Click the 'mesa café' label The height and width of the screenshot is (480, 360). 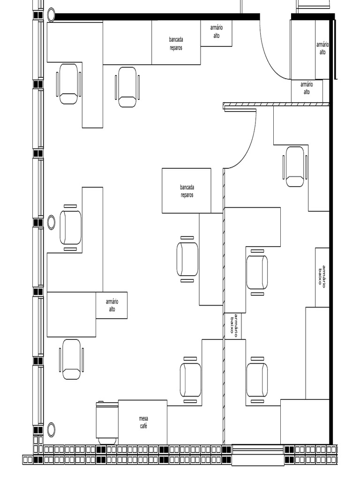click(143, 422)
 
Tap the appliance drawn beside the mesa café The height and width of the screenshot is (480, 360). click(107, 421)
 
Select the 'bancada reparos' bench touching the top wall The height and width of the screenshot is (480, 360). click(176, 44)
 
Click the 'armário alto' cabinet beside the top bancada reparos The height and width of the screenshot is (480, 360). click(216, 33)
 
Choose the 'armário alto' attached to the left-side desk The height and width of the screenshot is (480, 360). click(112, 305)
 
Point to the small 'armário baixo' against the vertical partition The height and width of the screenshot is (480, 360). click(233, 326)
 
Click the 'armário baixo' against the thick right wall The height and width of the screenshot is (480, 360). click(322, 277)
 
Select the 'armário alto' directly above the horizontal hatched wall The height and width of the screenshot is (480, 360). click(307, 90)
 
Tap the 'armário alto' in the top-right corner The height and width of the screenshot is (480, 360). click(322, 49)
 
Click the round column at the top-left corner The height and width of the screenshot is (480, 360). click(51, 15)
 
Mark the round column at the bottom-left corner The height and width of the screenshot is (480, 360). click(51, 429)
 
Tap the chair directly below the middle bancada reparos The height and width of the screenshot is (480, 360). click(187, 259)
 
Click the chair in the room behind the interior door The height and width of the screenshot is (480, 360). click(295, 166)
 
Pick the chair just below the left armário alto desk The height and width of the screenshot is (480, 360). click(71, 359)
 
